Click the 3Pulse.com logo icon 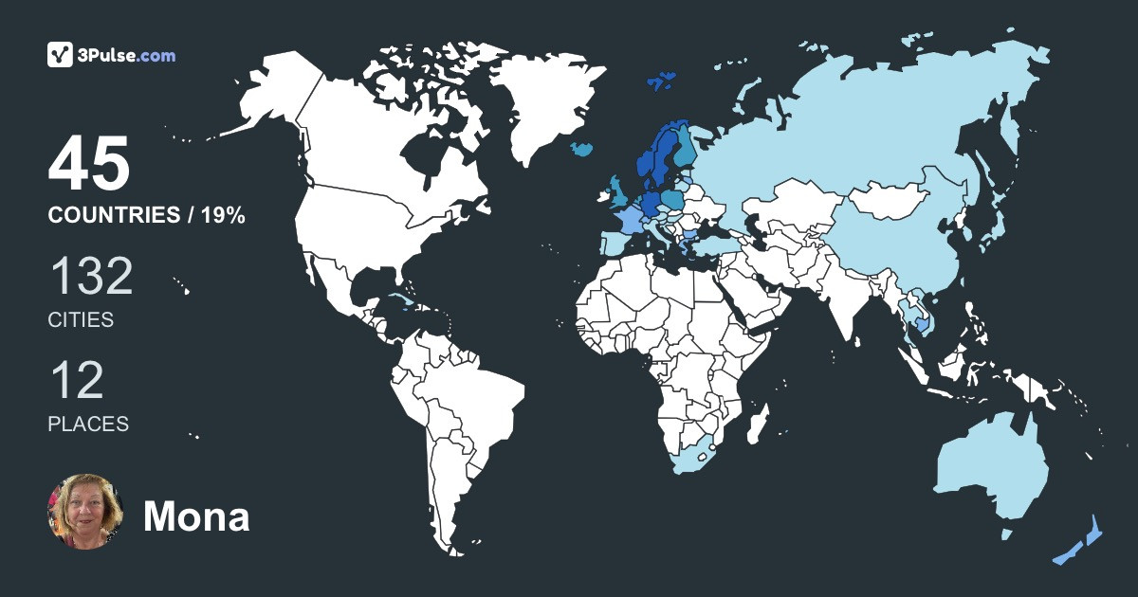61,55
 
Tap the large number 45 89,165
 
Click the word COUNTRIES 113,216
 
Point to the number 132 91,277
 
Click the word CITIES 81,320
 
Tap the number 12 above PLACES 76,381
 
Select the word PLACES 88,425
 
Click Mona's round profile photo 85,513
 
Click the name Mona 196,516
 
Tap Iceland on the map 584,149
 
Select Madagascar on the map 758,423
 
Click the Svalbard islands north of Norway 662,80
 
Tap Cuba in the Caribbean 403,301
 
